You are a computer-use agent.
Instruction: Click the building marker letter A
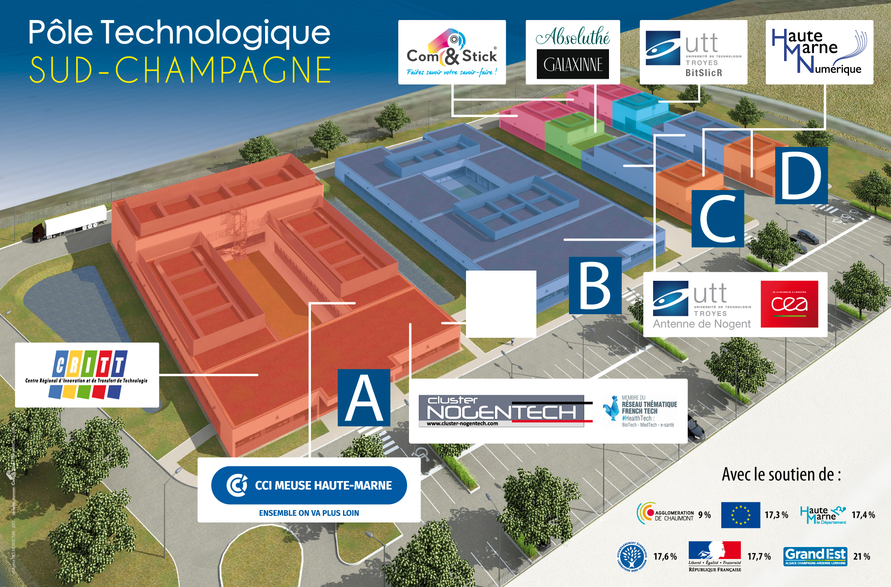[364, 397]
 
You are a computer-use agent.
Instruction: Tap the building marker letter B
[595, 285]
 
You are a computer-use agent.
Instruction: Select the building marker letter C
[718, 219]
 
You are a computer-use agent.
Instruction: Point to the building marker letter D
[801, 176]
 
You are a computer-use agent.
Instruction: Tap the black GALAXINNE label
[573, 65]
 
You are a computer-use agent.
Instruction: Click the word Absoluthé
[573, 36]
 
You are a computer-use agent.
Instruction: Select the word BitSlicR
[704, 73]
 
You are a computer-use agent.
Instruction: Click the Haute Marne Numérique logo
[819, 52]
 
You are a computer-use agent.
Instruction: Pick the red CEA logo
[789, 304]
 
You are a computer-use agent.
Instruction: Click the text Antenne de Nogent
[702, 324]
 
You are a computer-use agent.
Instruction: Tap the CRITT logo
[87, 374]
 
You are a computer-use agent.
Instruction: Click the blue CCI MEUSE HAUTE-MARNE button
[309, 485]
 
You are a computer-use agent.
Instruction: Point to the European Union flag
[740, 515]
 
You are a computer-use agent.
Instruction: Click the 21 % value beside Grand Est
[862, 556]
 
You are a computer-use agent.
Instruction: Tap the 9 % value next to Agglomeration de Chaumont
[704, 515]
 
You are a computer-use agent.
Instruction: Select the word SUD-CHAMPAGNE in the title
[180, 70]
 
